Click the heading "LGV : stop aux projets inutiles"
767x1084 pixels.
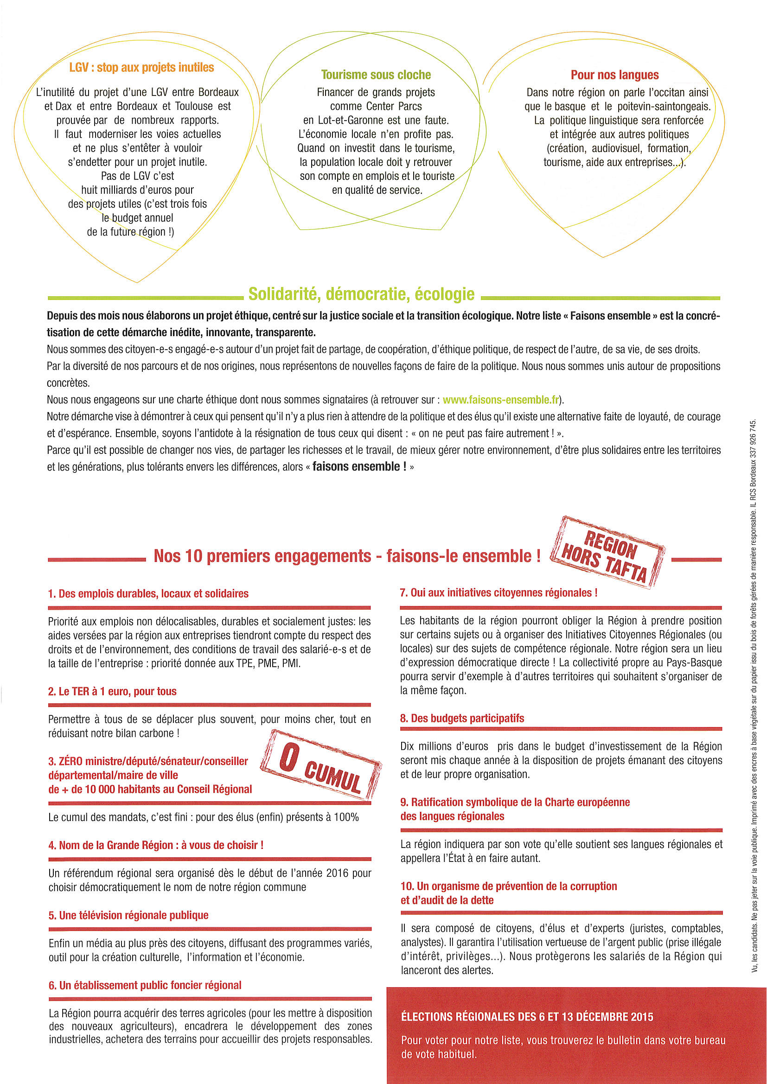(x=141, y=68)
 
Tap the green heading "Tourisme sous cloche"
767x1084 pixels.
(x=376, y=75)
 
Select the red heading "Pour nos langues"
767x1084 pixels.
(x=614, y=75)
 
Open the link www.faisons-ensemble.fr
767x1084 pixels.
(x=501, y=399)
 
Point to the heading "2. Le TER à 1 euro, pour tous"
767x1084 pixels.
(x=112, y=691)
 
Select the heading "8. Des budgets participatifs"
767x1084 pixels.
(x=462, y=718)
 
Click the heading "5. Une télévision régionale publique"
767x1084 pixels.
(x=128, y=915)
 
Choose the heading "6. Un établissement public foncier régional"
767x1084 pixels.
(x=145, y=985)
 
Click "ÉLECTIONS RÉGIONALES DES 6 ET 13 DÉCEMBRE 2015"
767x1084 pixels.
(x=527, y=1017)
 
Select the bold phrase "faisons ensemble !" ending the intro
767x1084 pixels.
(x=359, y=466)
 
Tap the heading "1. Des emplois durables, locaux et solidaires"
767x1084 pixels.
(x=148, y=593)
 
